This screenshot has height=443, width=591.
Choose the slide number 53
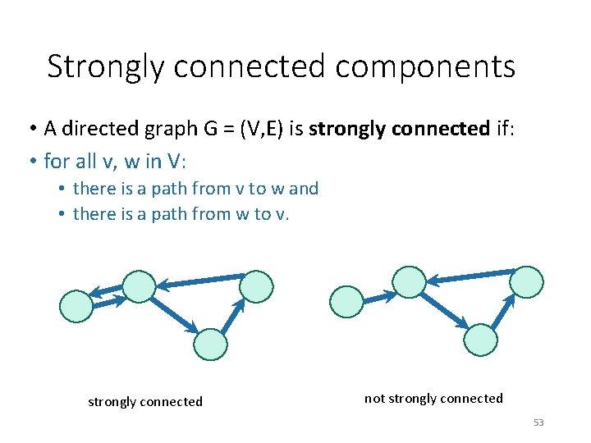pos(538,422)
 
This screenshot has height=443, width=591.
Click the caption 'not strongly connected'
pos(433,399)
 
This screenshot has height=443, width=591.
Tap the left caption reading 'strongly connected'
pos(145,402)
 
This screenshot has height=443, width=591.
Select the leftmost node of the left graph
pos(76,306)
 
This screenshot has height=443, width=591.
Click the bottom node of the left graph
pos(211,344)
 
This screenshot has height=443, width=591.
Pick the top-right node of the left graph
pos(257,286)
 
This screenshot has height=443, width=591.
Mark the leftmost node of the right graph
pos(346,301)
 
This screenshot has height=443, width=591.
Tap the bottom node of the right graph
pos(481,339)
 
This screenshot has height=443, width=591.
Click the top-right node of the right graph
pos(526,281)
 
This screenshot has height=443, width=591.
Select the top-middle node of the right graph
pos(409,281)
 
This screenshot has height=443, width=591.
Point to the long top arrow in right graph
pos(469,276)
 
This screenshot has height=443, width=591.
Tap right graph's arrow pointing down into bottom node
pos(445,310)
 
